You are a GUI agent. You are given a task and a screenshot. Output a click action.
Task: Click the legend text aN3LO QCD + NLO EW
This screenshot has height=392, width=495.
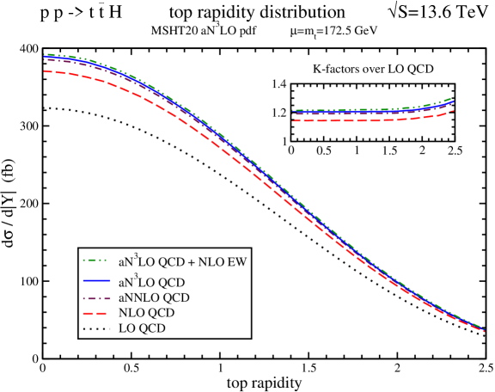tap(183, 260)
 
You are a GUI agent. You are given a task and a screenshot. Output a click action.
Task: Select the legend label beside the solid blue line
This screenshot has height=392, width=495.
tap(153, 282)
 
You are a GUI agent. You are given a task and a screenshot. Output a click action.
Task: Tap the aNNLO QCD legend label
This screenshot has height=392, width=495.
tap(154, 297)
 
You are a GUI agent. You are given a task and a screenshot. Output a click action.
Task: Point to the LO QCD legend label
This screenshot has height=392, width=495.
tap(142, 328)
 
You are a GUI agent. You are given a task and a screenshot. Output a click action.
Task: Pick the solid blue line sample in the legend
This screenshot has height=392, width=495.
tap(96, 282)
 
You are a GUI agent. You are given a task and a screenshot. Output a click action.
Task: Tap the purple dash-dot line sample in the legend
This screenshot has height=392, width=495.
tap(96, 297)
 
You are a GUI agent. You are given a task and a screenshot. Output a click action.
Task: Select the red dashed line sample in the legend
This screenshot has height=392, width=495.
tap(96, 313)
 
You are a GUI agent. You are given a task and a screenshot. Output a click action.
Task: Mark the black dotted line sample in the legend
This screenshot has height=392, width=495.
tap(96, 328)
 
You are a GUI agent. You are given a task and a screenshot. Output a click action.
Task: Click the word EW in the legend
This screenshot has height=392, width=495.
tap(238, 260)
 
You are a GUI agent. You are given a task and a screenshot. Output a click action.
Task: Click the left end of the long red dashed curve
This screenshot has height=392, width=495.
tap(45, 71)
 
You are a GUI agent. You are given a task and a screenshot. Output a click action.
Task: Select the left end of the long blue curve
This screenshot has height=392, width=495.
tap(45, 58)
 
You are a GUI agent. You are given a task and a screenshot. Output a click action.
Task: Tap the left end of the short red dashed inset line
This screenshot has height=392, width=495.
tap(293, 121)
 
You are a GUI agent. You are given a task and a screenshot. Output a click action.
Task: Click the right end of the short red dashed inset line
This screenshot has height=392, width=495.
tap(453, 111)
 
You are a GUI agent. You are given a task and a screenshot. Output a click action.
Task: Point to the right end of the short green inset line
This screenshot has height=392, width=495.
tap(453, 98)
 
